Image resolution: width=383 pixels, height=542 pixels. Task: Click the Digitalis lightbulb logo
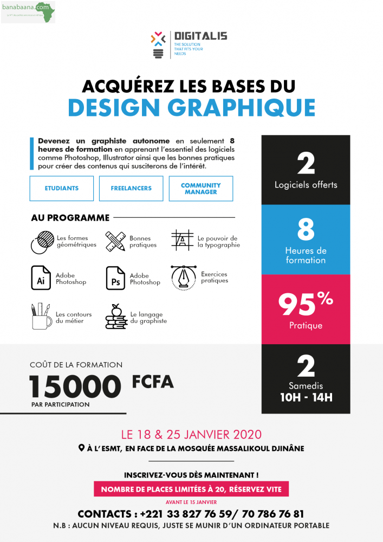tap(159, 45)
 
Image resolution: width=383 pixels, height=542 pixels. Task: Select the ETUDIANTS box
tap(62, 189)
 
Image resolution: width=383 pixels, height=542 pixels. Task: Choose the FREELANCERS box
tap(131, 189)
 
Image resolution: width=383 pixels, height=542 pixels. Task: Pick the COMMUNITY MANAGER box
tap(200, 189)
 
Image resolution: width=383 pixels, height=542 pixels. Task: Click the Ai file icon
tap(41, 278)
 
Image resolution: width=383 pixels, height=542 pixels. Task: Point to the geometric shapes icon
tap(42, 241)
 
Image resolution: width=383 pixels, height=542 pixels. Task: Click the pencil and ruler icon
tap(115, 241)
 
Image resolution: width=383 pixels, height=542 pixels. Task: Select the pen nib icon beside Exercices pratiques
tap(183, 277)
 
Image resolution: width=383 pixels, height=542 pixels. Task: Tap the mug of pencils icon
tap(41, 316)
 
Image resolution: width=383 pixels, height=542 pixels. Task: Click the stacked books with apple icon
tap(115, 317)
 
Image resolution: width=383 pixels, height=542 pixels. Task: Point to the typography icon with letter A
tap(183, 240)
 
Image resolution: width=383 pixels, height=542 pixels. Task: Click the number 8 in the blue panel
tap(306, 230)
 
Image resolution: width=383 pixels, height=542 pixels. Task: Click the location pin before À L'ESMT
tap(81, 449)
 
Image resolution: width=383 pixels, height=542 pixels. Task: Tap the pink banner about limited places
tap(191, 489)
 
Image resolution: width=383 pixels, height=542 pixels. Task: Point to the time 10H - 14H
tap(306, 397)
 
